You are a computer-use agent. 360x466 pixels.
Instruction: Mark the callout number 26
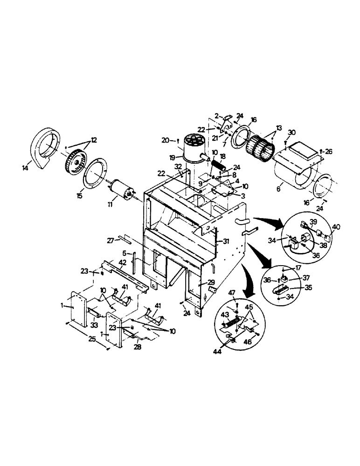click(329, 151)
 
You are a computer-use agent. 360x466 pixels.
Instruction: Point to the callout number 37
click(306, 278)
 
